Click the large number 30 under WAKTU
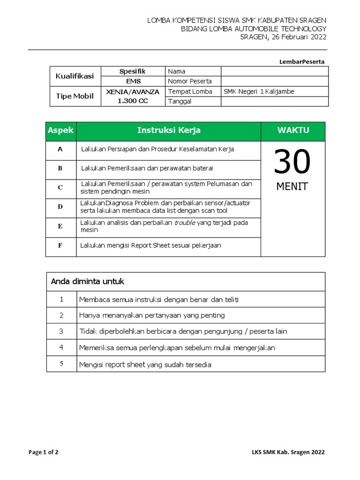pos(292,162)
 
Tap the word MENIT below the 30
pos(292,187)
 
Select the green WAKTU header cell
pos(293,131)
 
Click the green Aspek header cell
pos(61,131)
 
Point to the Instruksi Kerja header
pos(169,131)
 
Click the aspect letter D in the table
pos(60,207)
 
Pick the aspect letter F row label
pos(60,246)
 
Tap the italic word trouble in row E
pos(185,223)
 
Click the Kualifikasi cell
pos(75,76)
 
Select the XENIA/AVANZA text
pos(133,91)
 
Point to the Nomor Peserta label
pos(190,81)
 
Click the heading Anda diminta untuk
pos(87,282)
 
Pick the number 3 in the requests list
pos(61,331)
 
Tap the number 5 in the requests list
pos(61,364)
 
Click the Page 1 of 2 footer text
pos(44,452)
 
